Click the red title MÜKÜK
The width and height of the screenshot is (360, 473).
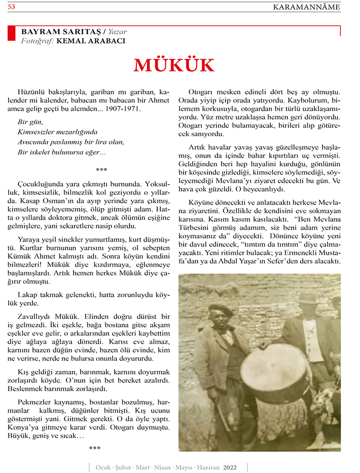(174, 65)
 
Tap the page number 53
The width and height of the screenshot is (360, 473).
(11, 7)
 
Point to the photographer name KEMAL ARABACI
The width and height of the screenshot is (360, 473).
(91, 41)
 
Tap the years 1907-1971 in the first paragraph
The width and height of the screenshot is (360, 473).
(123, 109)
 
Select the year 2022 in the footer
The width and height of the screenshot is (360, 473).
(230, 467)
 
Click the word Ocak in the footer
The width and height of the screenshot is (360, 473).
(104, 467)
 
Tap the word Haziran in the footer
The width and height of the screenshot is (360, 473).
(207, 467)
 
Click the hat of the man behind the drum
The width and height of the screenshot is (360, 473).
(307, 297)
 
